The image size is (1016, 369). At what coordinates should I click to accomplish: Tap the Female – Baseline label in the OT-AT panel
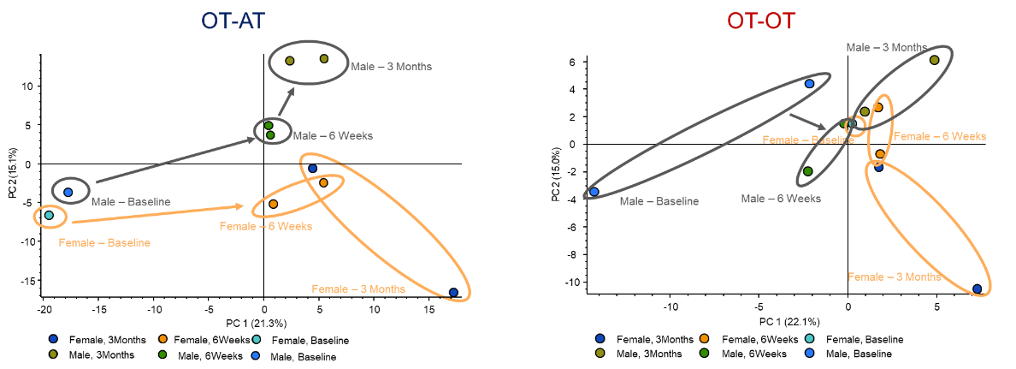104,242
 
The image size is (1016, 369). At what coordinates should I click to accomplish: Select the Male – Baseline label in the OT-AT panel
131,202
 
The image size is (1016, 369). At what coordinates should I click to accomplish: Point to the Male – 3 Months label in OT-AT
391,66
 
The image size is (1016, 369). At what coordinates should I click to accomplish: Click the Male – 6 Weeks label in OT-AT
333,135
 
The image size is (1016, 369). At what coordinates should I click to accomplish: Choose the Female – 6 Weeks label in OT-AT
266,226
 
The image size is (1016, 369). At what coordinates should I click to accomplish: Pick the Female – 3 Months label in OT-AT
358,289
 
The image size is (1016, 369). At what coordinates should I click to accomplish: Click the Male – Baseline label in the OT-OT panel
659,201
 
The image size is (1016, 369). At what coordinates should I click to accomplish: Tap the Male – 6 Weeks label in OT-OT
781,199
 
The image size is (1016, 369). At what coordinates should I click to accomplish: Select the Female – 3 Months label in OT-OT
894,277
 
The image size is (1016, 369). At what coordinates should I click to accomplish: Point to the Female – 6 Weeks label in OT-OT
940,136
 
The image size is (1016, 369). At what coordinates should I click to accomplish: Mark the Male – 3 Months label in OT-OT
886,47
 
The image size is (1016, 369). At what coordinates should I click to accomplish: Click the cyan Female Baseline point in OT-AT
50,215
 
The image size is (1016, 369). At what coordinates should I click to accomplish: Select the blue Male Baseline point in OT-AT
68,192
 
